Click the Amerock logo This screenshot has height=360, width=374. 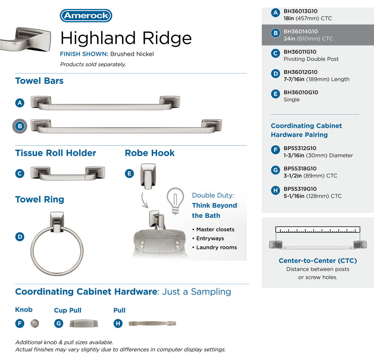(x=86, y=15)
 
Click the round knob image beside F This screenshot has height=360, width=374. (x=35, y=323)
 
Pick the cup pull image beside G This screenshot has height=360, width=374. (x=84, y=323)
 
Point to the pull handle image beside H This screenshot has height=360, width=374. (x=152, y=323)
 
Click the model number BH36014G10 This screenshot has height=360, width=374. (x=301, y=31)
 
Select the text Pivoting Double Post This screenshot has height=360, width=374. (x=311, y=59)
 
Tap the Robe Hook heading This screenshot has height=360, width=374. (x=150, y=153)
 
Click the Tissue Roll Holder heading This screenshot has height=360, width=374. (x=56, y=153)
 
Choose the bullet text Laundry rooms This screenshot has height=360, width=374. (x=216, y=247)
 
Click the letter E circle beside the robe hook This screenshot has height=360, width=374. (x=130, y=174)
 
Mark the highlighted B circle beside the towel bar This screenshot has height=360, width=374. (x=20, y=126)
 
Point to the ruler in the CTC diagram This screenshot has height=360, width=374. (x=318, y=229)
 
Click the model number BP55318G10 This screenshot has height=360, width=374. (x=300, y=168)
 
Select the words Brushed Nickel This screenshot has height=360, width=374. (x=132, y=54)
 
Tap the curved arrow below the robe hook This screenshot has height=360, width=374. (x=144, y=200)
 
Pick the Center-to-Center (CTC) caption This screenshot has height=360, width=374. (x=318, y=261)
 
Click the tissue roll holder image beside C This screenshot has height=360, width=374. (x=68, y=174)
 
